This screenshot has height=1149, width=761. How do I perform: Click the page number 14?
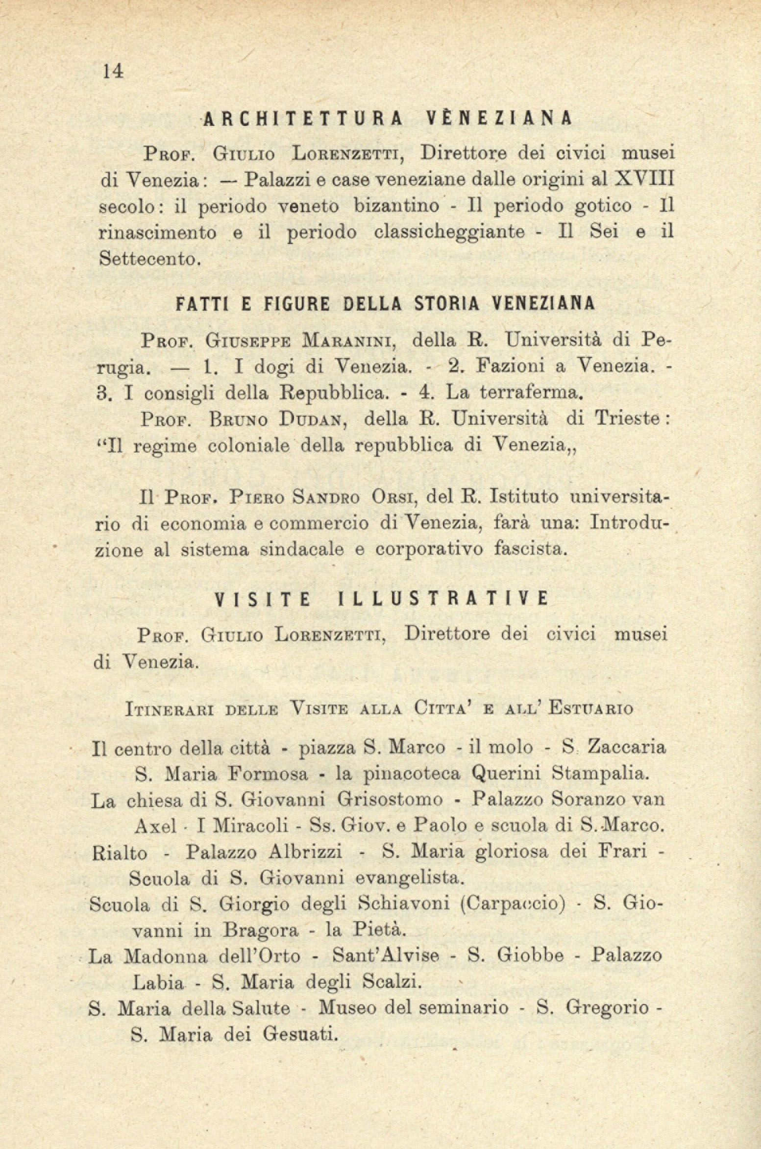pos(112,72)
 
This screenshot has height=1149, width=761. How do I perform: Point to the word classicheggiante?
pos(449,232)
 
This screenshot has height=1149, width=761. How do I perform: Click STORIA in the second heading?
pos(445,304)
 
